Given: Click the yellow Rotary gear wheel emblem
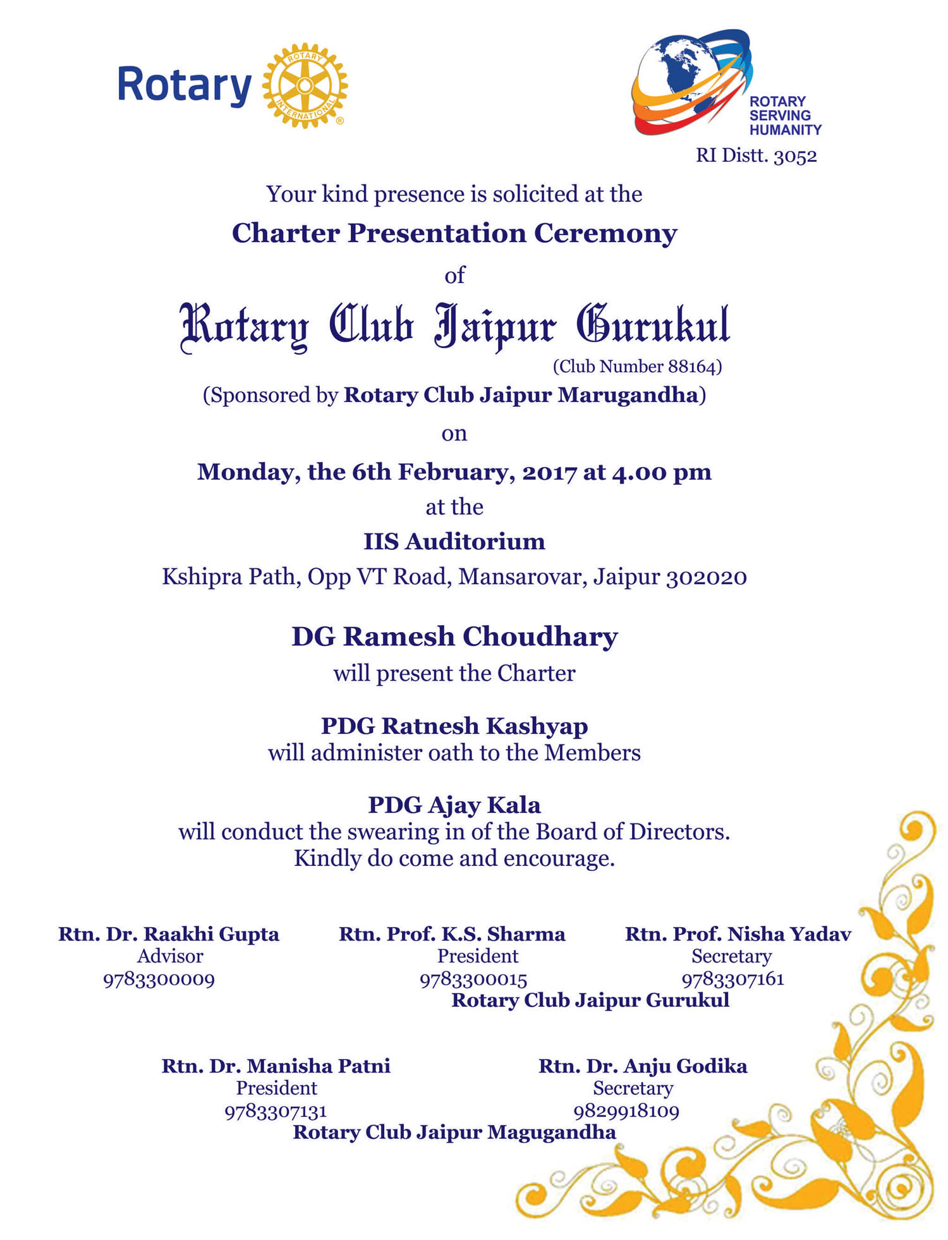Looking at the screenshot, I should tap(305, 86).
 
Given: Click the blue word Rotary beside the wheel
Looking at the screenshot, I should tap(184, 85).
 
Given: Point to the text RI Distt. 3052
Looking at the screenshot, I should tap(756, 155).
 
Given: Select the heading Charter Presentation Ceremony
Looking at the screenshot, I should tap(454, 233).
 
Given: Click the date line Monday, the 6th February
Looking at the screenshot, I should tap(454, 472).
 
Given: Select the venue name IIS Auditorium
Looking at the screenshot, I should tap(454, 542).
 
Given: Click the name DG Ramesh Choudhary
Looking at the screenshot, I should tap(454, 636).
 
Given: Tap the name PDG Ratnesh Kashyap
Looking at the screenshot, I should tap(454, 726).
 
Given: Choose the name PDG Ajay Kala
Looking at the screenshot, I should tap(454, 805).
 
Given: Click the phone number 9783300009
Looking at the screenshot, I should tap(159, 980).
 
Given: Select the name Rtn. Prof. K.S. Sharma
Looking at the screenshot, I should tap(452, 934).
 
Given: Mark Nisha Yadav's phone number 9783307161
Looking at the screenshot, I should tap(732, 980).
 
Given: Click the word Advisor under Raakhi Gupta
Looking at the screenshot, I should tap(170, 956).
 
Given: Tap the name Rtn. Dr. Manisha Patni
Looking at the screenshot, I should tap(276, 1066).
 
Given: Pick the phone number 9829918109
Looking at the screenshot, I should tap(626, 1111).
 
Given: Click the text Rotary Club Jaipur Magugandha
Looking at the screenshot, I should tap(454, 1132).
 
